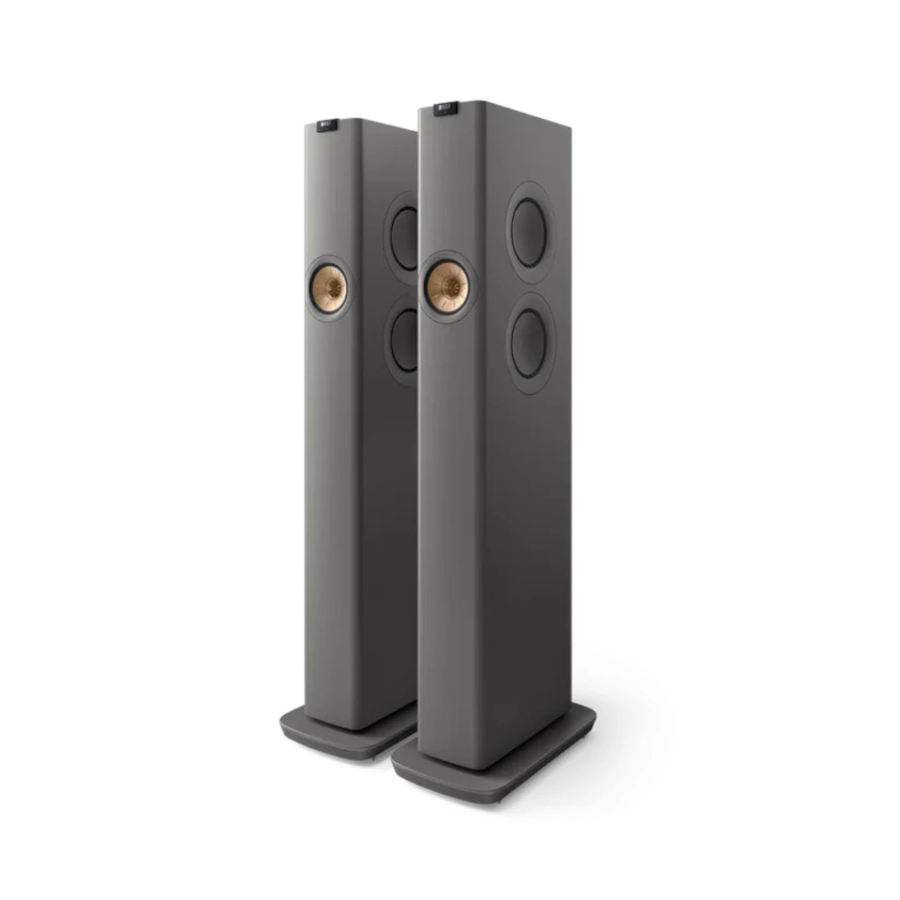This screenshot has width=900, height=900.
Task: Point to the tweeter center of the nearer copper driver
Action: [449, 286]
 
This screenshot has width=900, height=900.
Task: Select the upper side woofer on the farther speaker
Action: [403, 231]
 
